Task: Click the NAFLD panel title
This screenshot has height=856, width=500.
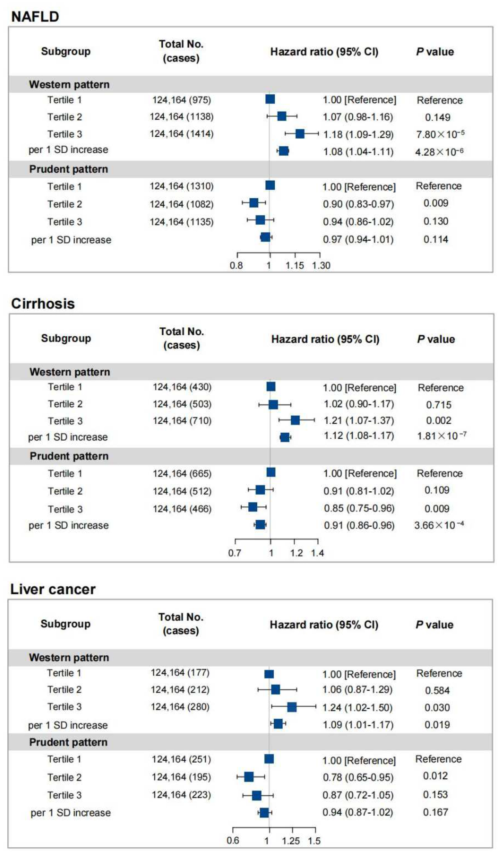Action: tap(35, 16)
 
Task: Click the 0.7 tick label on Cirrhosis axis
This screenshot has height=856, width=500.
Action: tap(234, 553)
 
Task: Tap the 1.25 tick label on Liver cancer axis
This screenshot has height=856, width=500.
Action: tap(290, 841)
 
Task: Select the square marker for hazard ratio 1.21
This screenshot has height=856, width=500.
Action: tap(295, 420)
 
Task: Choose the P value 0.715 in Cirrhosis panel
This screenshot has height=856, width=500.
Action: tap(438, 405)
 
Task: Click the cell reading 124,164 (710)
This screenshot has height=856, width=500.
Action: tap(182, 421)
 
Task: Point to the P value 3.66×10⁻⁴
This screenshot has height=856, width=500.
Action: tap(439, 525)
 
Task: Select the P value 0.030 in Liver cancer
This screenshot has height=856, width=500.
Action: tap(437, 707)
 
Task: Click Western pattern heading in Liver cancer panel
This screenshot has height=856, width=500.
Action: tap(69, 657)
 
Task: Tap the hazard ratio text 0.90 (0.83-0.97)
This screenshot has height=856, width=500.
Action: tap(358, 204)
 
